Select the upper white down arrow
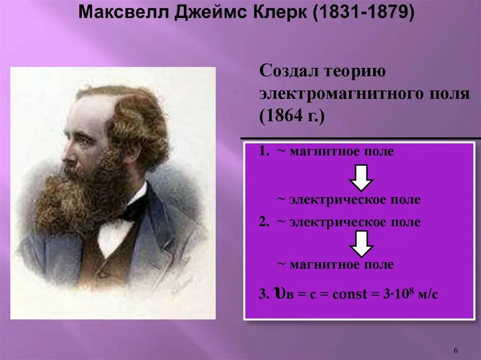click(x=361, y=177)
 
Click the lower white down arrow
click(x=361, y=244)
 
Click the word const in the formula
click(x=349, y=295)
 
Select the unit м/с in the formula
click(x=424, y=295)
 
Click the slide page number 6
click(x=456, y=351)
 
